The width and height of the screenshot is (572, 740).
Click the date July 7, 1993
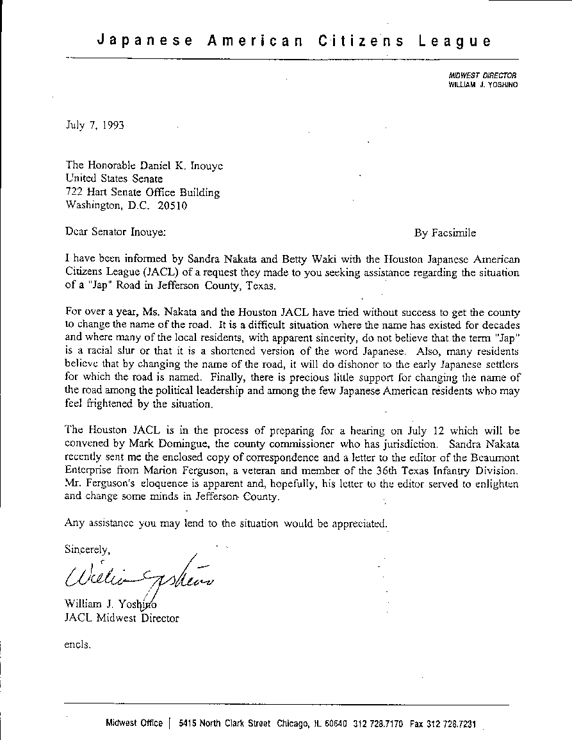click(x=95, y=125)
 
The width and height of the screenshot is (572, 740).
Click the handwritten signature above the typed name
click(x=138, y=573)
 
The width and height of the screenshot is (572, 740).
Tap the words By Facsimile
click(x=445, y=233)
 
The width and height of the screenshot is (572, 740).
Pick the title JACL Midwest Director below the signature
click(x=122, y=618)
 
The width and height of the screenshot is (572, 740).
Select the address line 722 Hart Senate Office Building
click(x=143, y=192)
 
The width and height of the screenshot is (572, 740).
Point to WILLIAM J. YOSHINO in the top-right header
click(x=483, y=84)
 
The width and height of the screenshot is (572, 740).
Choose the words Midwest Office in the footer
click(x=135, y=723)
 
